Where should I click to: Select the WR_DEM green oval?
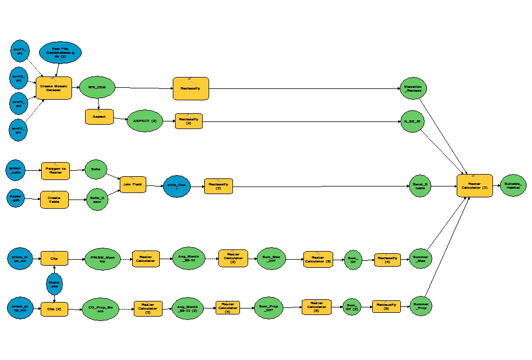[x=97, y=87]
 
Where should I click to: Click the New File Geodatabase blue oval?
[x=60, y=53]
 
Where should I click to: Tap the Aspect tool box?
[x=99, y=117]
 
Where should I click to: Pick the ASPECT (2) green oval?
[x=145, y=121]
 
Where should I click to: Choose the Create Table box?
[x=54, y=200]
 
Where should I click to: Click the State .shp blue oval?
[x=54, y=284]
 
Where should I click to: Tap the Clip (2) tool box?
[x=54, y=310]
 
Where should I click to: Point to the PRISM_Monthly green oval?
[x=102, y=259]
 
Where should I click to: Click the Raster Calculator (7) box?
[x=474, y=185]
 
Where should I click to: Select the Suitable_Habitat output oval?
[x=512, y=185]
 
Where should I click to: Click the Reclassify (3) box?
[x=218, y=186]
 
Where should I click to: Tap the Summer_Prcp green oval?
[x=421, y=306]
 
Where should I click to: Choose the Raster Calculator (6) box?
[x=316, y=307]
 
